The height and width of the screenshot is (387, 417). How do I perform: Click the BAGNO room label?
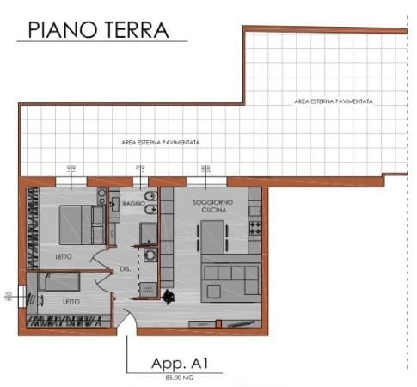[x=132, y=204]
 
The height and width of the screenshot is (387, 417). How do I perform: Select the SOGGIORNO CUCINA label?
[x=211, y=206]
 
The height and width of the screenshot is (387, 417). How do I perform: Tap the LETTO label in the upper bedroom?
[x=61, y=257]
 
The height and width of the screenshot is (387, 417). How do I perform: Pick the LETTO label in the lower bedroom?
[x=72, y=301]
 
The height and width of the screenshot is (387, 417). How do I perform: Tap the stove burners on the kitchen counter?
[x=254, y=227]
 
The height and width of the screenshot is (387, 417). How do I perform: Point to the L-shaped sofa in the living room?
[x=230, y=277]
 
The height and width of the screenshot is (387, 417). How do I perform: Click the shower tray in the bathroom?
[x=148, y=232]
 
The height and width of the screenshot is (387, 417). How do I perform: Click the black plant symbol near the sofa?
[x=168, y=297]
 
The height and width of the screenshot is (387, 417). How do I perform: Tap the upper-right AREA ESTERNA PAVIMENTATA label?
[x=333, y=101]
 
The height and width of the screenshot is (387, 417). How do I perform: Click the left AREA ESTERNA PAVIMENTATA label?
[x=163, y=142]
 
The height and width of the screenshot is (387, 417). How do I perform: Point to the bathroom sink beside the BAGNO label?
[x=115, y=203]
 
